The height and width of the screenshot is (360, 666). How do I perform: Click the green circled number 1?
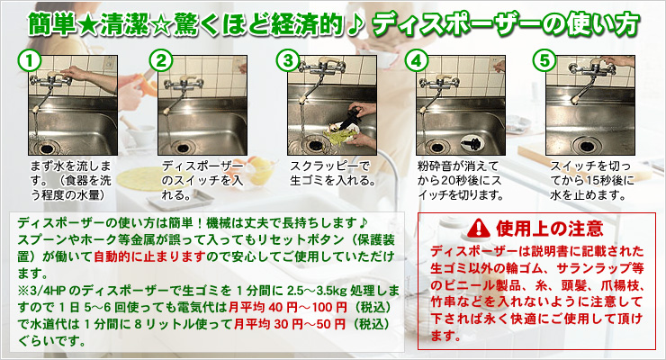tap(30, 60)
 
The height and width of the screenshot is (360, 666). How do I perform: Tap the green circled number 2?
tap(161, 60)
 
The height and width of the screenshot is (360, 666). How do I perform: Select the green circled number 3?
tap(288, 60)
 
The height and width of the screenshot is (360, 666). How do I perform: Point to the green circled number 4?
tap(416, 60)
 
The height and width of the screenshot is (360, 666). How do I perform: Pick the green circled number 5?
tap(544, 60)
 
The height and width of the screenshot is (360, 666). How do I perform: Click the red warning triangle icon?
tap(479, 229)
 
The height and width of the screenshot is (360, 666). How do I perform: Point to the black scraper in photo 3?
tap(350, 117)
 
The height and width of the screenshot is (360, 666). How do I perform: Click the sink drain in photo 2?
tap(182, 147)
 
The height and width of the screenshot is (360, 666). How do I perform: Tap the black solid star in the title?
tap(88, 25)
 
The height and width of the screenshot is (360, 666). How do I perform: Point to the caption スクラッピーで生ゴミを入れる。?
tap(333, 173)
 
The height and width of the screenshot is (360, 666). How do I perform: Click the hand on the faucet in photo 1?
tap(73, 73)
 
